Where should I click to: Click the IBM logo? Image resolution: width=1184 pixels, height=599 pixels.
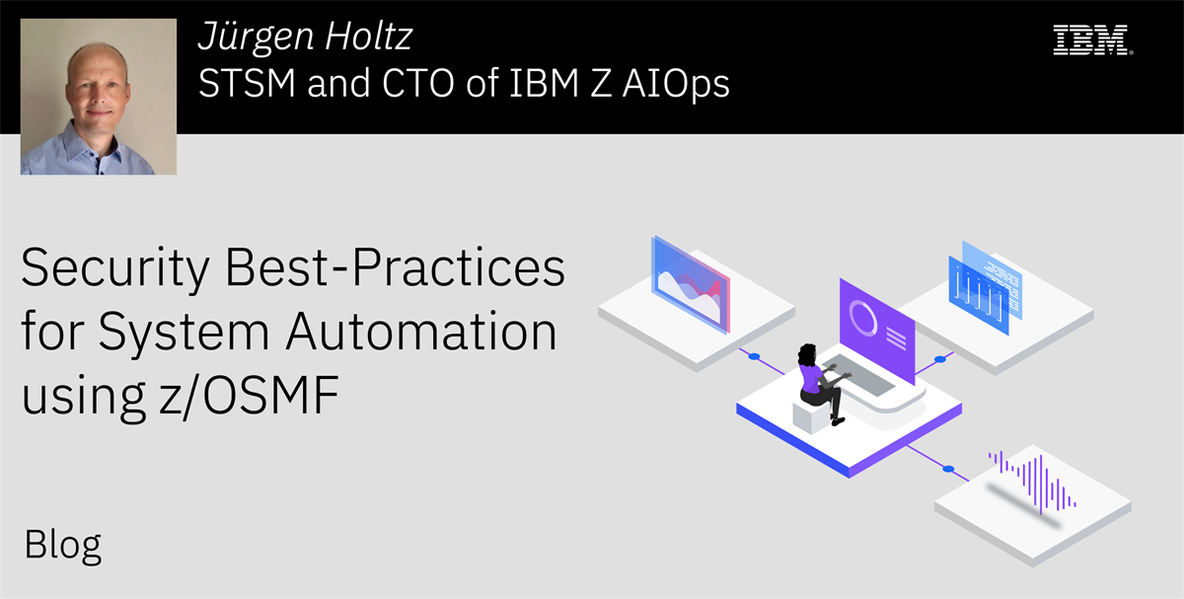[x=1091, y=39]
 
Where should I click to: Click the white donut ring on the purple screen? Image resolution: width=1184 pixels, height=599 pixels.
[x=864, y=317]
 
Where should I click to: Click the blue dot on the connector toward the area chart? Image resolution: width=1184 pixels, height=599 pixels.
[x=754, y=356]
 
